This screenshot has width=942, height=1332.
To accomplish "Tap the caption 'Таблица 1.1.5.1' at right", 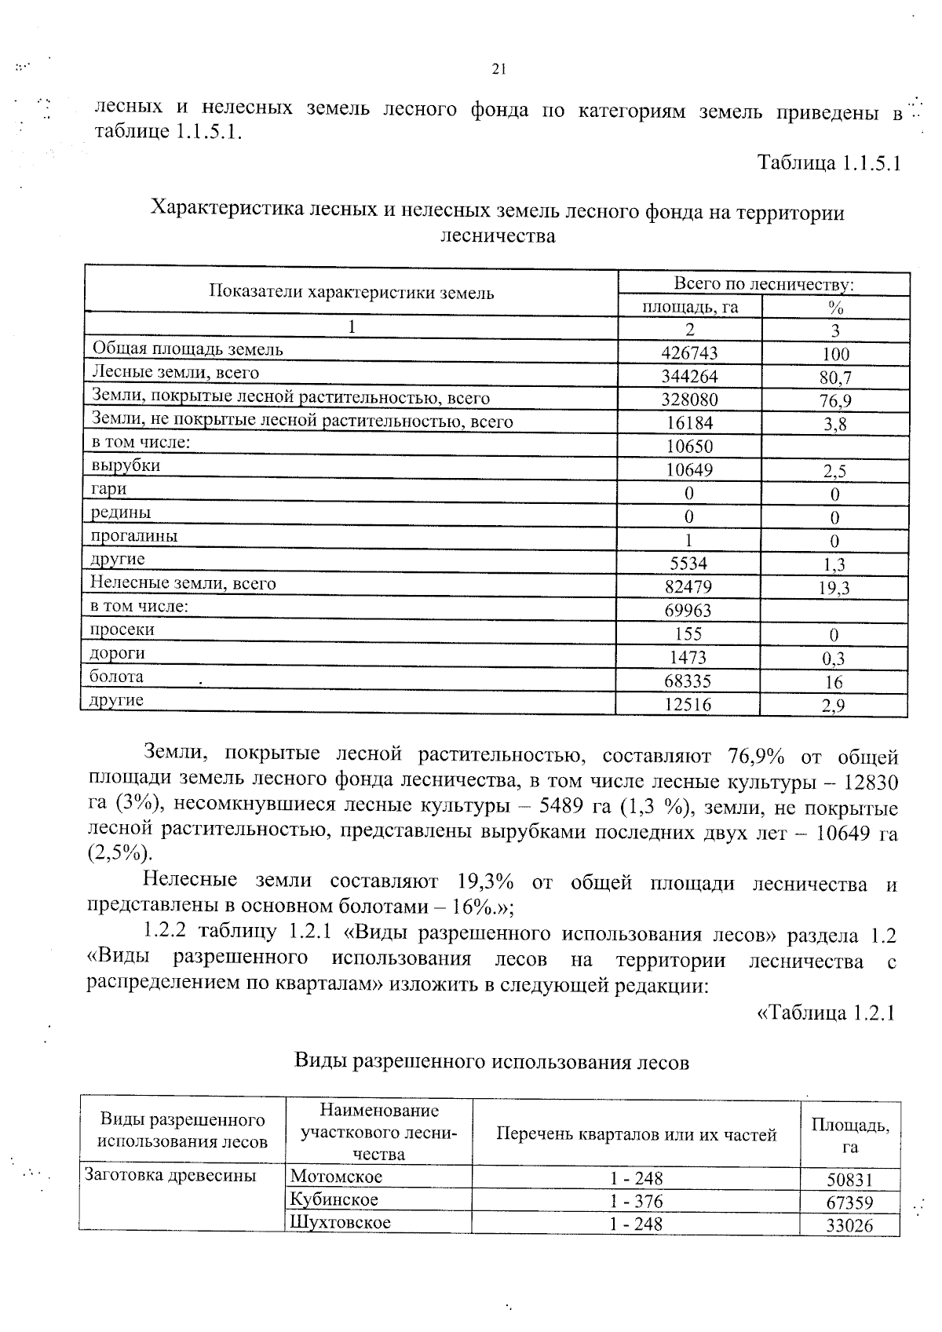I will tap(828, 163).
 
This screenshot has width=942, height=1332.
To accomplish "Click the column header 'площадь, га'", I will tap(691, 307).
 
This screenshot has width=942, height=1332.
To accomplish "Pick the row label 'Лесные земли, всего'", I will tap(176, 372).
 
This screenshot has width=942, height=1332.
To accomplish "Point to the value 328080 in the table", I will tap(691, 400).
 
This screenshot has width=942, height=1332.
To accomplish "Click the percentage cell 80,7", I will tap(835, 378).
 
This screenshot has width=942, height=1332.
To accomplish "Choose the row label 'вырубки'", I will tap(126, 465).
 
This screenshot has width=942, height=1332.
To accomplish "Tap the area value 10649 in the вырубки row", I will tap(691, 470).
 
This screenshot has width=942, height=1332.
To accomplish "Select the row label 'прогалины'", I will tap(133, 536).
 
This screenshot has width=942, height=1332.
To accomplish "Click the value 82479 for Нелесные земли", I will tap(691, 587).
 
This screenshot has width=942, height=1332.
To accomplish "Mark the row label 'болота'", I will tap(116, 677).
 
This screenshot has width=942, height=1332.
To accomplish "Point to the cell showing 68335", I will tap(691, 681).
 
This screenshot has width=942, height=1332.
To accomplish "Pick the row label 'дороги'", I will tap(117, 653).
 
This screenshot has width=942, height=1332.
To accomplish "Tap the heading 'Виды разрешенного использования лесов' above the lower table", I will tap(491, 1062).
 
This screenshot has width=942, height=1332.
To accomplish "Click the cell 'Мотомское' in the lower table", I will tap(336, 1177).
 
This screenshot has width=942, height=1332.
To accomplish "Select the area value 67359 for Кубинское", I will tap(849, 1202).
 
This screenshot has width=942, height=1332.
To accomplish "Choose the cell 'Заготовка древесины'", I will tap(170, 1175).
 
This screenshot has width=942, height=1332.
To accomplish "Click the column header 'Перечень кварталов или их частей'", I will tap(636, 1134).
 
